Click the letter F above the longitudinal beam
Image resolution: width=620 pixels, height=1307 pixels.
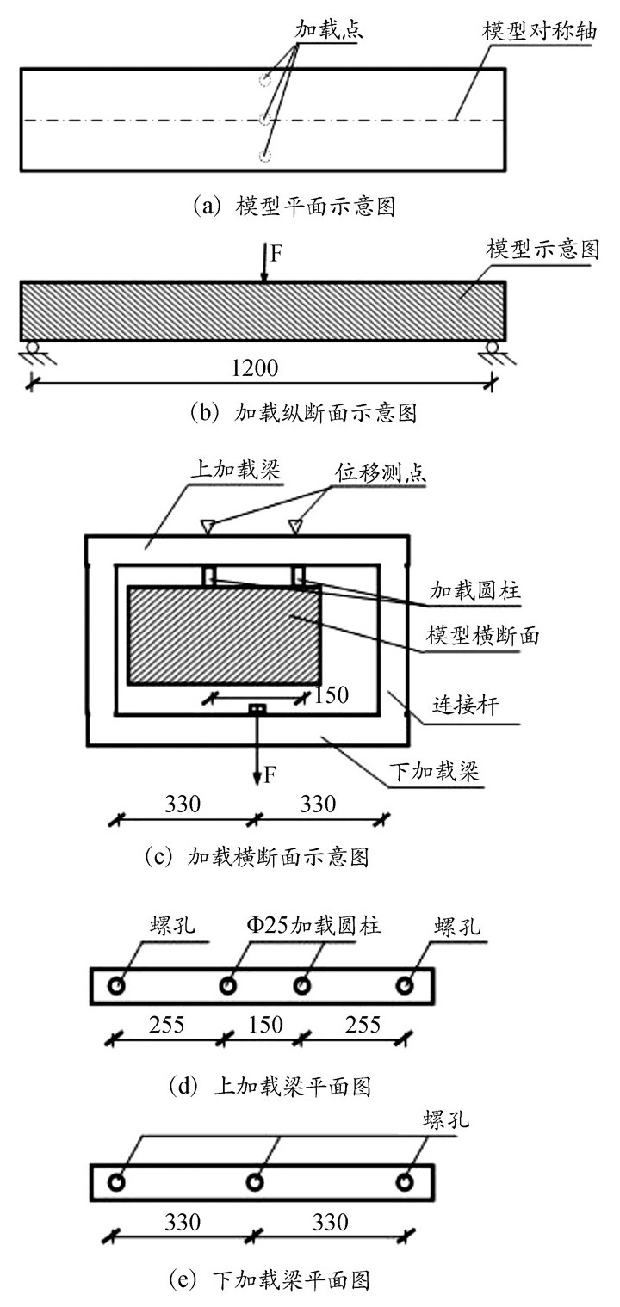click(276, 255)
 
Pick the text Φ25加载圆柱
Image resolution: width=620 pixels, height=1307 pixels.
click(313, 926)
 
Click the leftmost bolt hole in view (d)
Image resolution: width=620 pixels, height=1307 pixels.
click(117, 984)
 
